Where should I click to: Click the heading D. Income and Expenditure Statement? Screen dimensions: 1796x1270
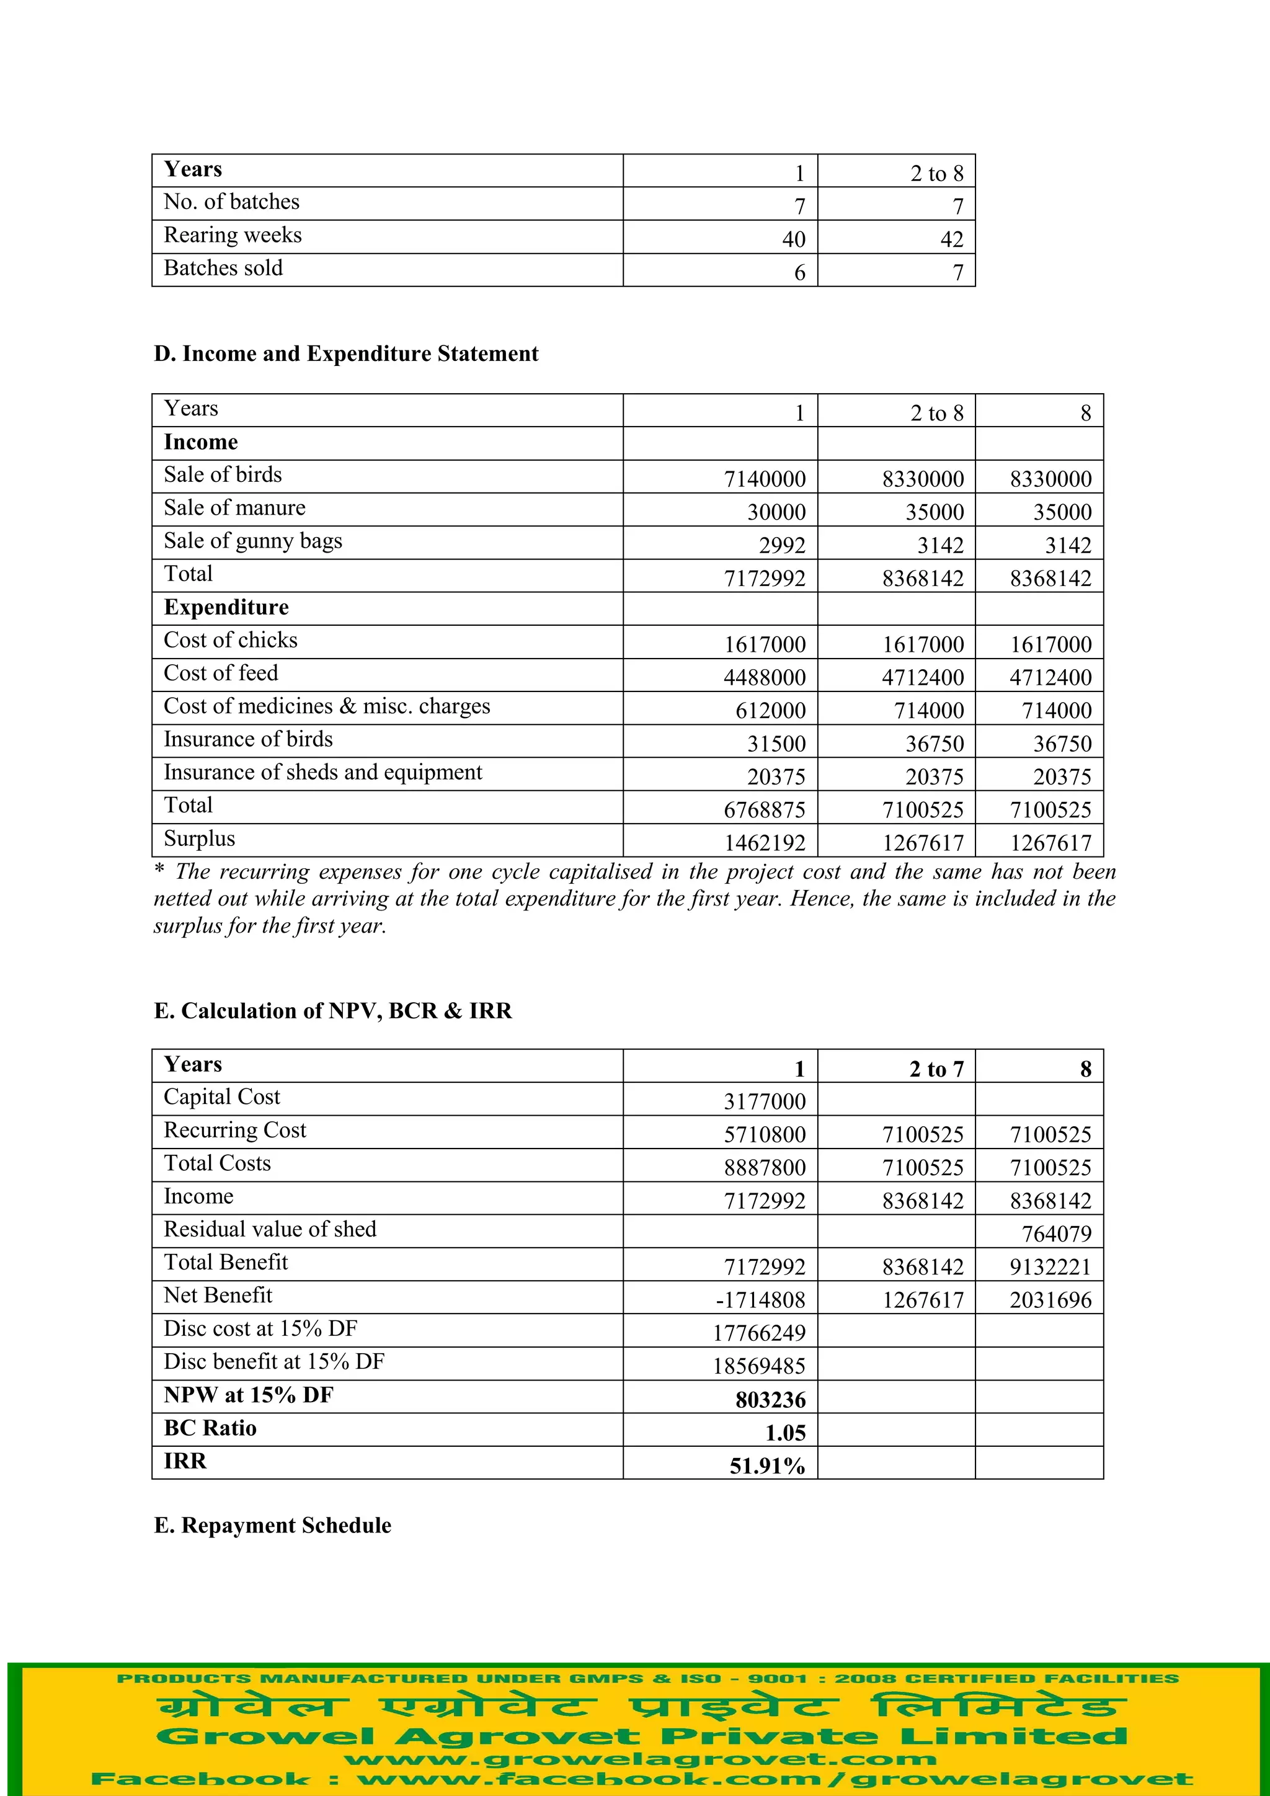345,354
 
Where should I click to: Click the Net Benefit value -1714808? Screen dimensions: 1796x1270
760,1300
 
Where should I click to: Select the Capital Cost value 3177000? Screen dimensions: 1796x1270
764,1101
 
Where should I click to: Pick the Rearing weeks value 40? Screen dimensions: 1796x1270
793,239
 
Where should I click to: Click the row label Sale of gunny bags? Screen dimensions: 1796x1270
252,541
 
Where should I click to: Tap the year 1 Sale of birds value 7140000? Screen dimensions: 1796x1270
764,479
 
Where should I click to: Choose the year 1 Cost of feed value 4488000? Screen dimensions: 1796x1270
764,677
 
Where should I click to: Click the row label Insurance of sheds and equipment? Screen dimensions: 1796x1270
322,773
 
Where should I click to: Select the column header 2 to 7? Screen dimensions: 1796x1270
936,1069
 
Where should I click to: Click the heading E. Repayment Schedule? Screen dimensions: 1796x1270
272,1526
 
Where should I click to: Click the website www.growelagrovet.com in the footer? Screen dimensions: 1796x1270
640,1759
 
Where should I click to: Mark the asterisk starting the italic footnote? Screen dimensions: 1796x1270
159,871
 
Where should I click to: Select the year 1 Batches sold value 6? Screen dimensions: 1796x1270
799,273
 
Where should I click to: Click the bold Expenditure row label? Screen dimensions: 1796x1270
226,608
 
